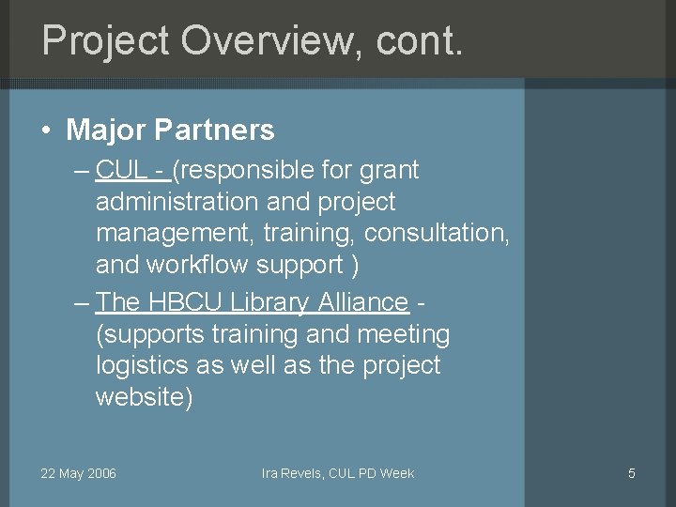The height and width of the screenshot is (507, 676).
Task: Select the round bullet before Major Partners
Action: click(46, 131)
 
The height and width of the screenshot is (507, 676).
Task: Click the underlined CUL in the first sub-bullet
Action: click(119, 171)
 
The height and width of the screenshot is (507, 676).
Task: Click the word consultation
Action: click(438, 233)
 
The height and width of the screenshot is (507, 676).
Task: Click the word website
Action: click(144, 397)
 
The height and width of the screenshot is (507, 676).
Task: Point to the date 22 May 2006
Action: click(78, 473)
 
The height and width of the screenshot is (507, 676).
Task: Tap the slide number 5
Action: click(632, 473)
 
